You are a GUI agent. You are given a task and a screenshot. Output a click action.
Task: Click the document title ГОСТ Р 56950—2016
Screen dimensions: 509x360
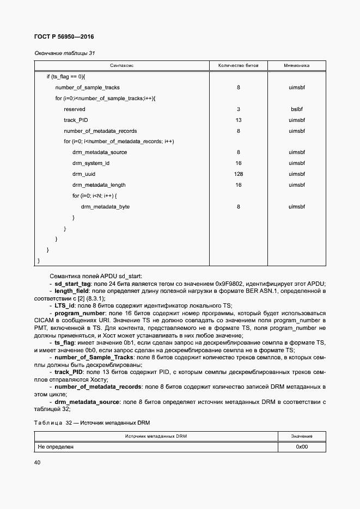[x=60, y=36]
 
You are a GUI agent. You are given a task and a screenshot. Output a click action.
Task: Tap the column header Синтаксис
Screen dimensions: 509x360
[x=122, y=65]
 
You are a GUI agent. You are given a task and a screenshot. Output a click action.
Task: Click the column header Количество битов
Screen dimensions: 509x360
[x=238, y=65]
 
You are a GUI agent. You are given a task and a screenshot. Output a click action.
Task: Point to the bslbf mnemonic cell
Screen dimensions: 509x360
[x=296, y=109]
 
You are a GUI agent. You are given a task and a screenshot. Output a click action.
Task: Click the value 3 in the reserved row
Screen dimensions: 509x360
[x=238, y=109]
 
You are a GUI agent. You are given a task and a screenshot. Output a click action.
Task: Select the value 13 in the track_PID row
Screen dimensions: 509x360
[x=238, y=120]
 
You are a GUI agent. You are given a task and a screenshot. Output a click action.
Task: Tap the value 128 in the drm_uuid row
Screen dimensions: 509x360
[x=238, y=174]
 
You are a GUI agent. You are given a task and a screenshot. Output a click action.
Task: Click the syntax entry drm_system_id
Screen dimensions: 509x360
[x=91, y=163]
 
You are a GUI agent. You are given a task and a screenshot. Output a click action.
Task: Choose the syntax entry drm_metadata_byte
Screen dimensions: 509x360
[x=105, y=207]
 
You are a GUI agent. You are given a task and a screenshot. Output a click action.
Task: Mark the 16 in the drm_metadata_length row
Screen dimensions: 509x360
[x=238, y=185]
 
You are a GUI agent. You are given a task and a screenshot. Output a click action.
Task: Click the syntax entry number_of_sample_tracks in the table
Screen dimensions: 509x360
[x=87, y=87]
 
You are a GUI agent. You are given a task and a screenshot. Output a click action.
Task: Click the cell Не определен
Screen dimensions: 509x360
[x=55, y=447]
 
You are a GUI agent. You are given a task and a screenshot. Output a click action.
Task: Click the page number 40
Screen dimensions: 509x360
[x=37, y=462]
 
